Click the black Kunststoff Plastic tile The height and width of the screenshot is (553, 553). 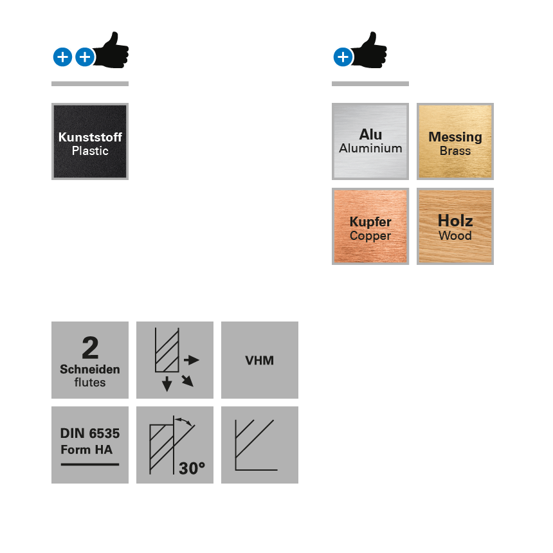(90, 141)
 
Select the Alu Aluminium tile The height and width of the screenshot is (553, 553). (370, 141)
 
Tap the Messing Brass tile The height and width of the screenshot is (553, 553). (455, 141)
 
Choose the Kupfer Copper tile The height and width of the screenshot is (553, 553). (370, 226)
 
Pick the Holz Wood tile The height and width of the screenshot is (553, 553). (455, 226)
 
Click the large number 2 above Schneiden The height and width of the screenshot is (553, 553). (90, 349)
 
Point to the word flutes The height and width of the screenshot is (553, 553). (90, 383)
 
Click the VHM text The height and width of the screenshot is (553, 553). (260, 360)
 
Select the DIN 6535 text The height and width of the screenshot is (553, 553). (90, 433)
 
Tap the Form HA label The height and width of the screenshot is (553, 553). (86, 449)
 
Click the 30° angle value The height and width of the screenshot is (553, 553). (192, 468)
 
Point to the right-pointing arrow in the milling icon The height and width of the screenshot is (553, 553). (192, 360)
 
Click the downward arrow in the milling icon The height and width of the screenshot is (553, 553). (167, 384)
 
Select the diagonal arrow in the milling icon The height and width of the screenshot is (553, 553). (187, 381)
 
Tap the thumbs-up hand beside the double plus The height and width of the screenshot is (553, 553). (113, 50)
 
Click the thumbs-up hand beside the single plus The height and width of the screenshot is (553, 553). (371, 50)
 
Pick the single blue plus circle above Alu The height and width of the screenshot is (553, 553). (343, 57)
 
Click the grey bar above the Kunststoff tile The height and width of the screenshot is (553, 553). (90, 84)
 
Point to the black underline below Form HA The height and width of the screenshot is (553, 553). (90, 464)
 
